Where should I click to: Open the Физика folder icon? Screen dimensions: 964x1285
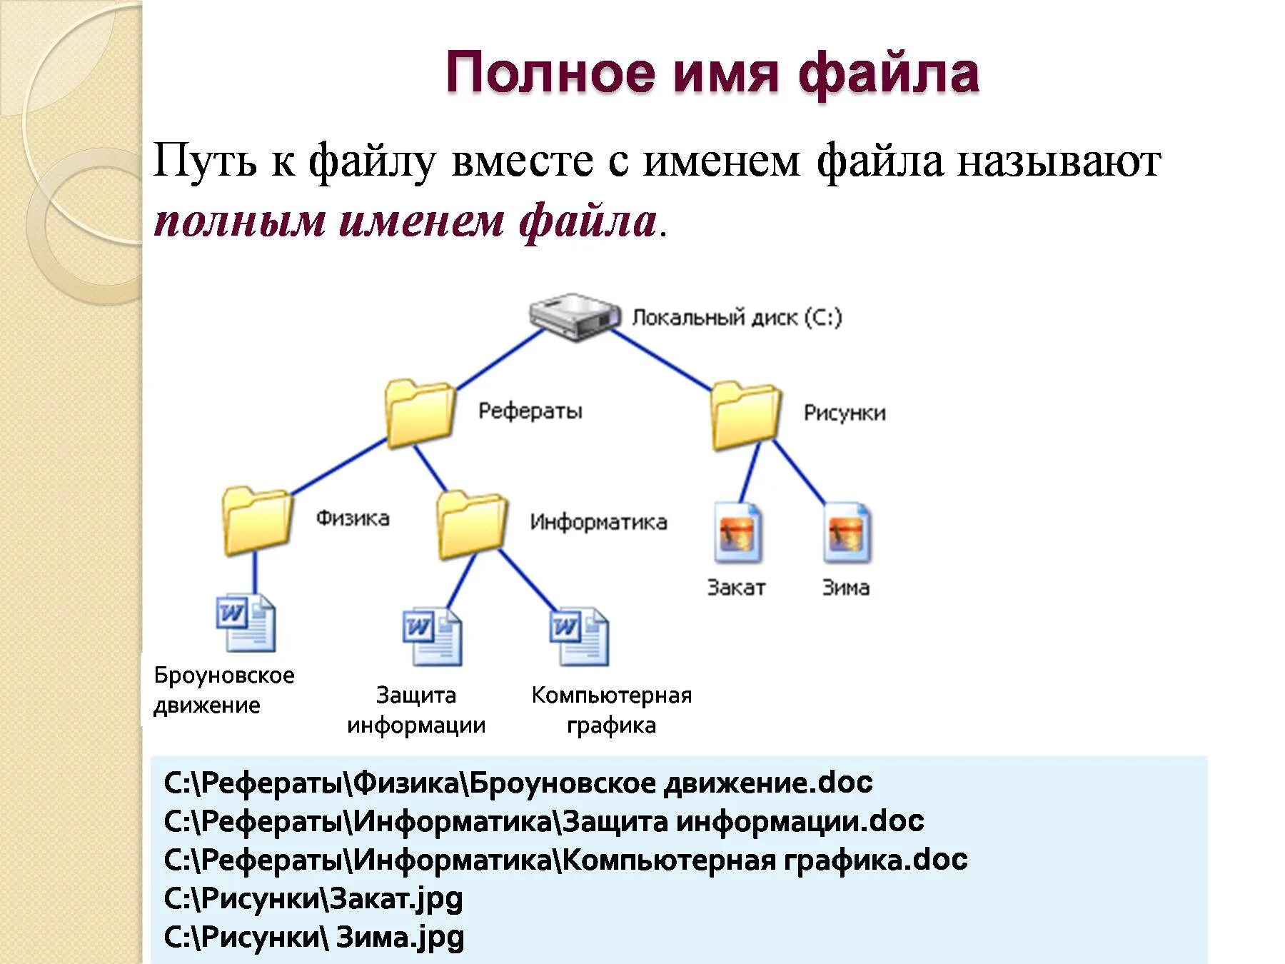(257, 521)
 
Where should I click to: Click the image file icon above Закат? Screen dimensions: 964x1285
(737, 533)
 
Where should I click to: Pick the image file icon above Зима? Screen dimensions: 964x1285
(847, 533)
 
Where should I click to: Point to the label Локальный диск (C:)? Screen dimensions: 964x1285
(737, 318)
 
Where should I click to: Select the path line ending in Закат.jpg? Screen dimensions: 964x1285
(313, 898)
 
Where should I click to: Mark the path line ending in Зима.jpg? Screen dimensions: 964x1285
(314, 937)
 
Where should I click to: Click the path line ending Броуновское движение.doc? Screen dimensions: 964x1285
(518, 783)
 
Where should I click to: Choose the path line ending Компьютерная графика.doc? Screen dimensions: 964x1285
(565, 860)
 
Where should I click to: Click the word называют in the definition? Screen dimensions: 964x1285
(1059, 161)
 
